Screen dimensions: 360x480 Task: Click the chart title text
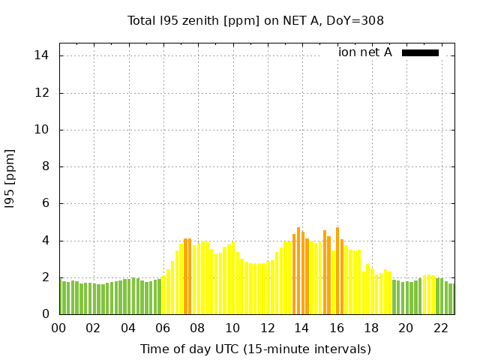click(x=256, y=21)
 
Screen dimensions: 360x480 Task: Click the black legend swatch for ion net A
click(x=420, y=52)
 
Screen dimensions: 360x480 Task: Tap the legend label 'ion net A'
click(x=365, y=52)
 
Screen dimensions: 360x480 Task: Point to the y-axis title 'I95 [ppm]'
click(x=10, y=179)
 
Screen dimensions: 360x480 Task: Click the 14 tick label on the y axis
click(x=42, y=56)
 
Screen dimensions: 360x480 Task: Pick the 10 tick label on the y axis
click(x=42, y=130)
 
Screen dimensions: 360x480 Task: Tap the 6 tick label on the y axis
click(x=46, y=203)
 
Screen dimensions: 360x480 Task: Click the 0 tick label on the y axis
click(x=46, y=314)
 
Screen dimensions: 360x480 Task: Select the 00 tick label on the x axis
click(x=59, y=328)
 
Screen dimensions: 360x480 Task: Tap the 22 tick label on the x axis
click(x=441, y=328)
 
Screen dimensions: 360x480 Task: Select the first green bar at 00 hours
click(x=61, y=297)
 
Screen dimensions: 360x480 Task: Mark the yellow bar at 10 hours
click(x=233, y=278)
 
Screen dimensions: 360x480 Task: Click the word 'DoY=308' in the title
click(x=359, y=21)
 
